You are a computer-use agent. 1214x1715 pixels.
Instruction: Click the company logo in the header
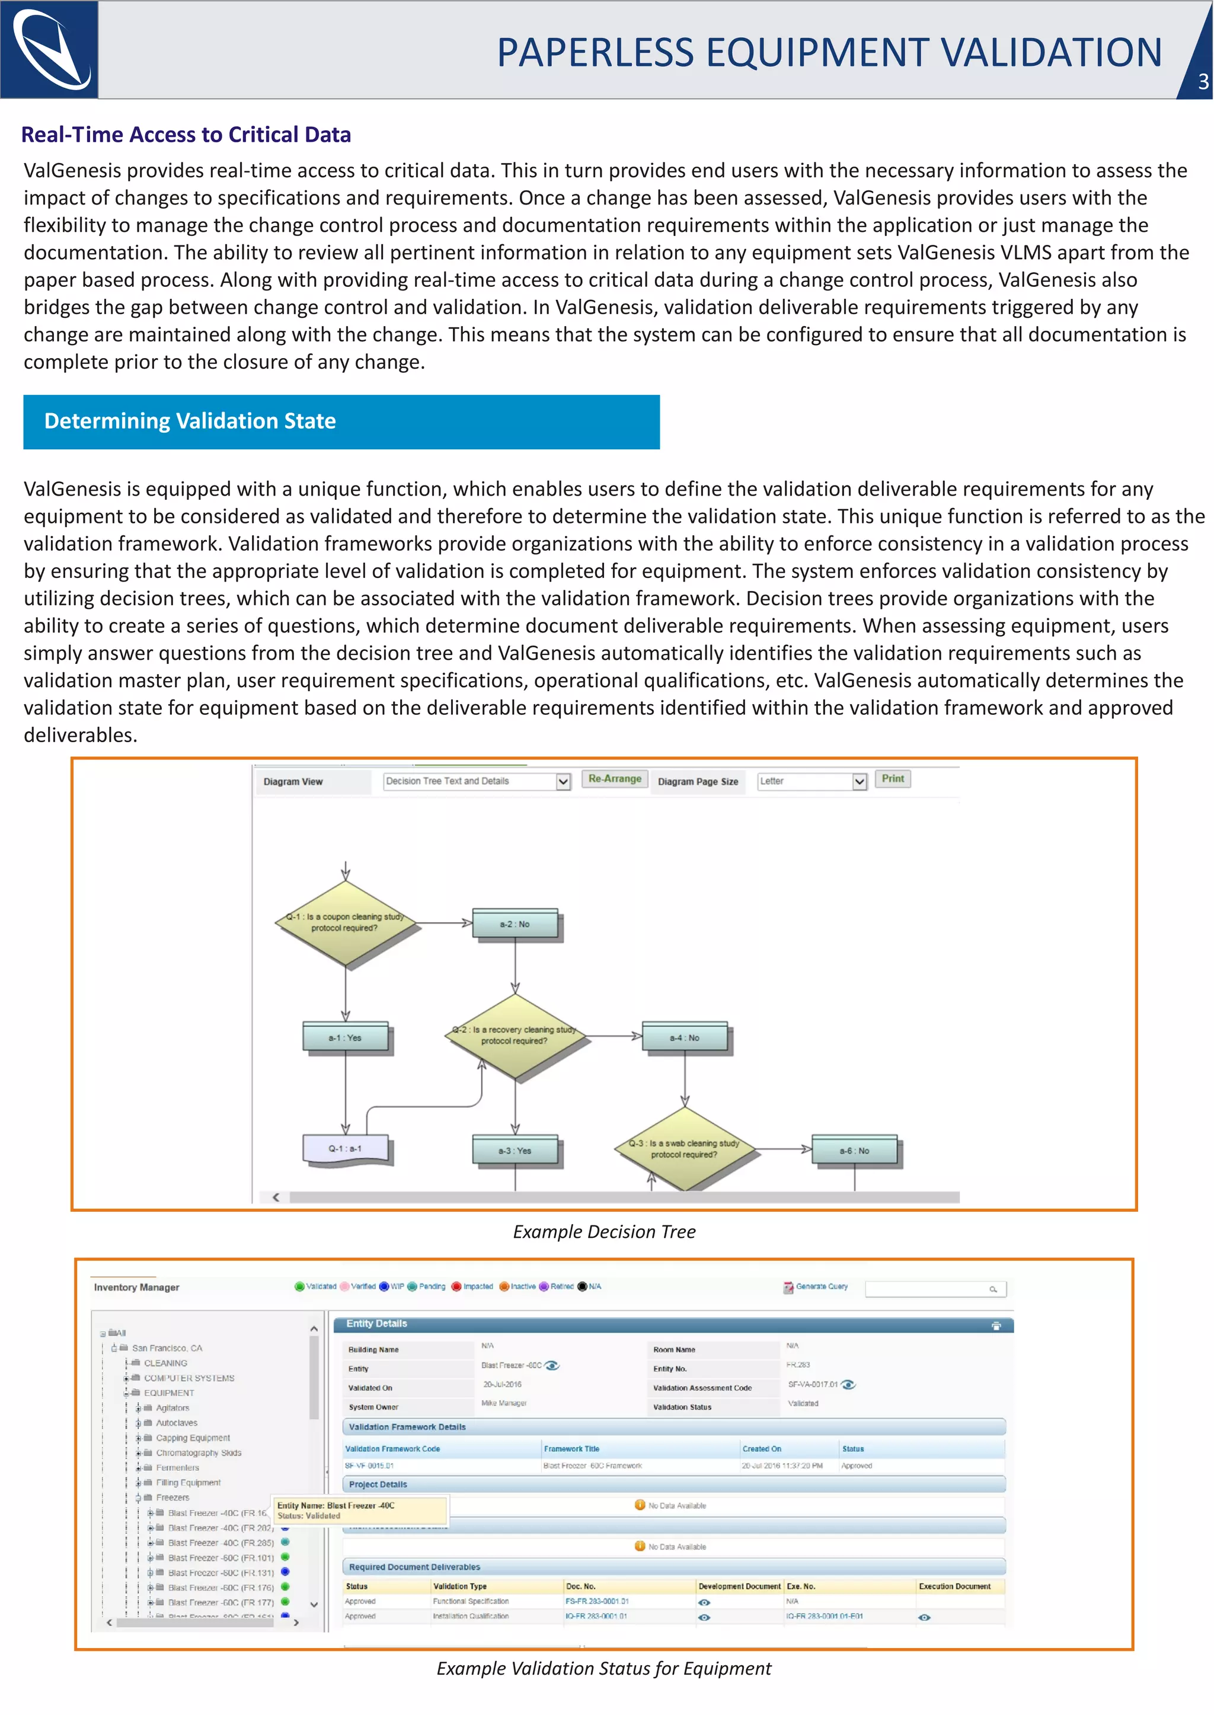(49, 49)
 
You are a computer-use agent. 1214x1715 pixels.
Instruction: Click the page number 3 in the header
(1203, 81)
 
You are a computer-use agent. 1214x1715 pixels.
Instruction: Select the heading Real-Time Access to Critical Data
(186, 135)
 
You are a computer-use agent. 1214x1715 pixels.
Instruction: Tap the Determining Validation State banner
(341, 421)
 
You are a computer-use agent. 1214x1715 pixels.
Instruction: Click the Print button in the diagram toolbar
(893, 779)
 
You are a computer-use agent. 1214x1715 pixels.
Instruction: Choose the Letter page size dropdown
(812, 781)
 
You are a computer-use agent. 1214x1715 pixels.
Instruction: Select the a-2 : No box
(515, 924)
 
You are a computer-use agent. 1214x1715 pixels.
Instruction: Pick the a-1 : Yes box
(346, 1037)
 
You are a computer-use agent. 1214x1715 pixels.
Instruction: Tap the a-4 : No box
(685, 1037)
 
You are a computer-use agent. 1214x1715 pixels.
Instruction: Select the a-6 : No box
(854, 1151)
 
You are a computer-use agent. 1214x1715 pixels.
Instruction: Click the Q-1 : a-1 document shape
(346, 1149)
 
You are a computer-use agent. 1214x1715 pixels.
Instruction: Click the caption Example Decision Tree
(604, 1232)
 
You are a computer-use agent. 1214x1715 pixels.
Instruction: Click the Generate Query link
(821, 1286)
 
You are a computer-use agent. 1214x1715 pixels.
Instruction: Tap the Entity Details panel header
(673, 1324)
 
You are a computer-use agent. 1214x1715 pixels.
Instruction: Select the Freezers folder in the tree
(172, 1497)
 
